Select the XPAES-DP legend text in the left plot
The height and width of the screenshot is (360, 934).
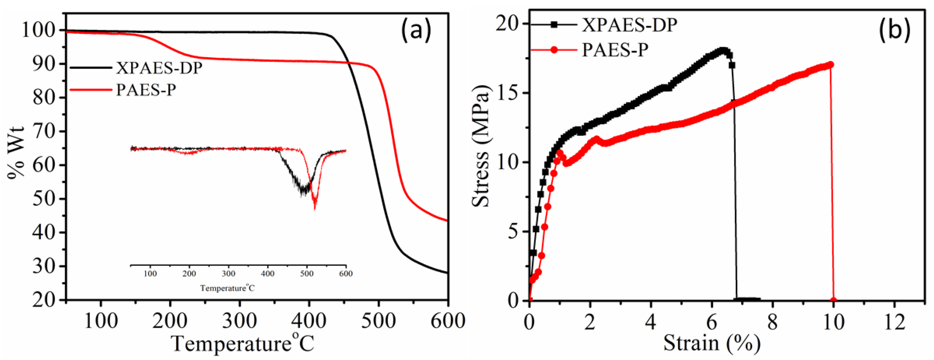pyautogui.click(x=159, y=68)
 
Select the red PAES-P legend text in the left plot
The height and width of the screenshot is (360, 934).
pyautogui.click(x=146, y=90)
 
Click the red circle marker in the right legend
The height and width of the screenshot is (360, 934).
pyautogui.click(x=554, y=50)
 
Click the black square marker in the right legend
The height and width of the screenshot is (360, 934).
pyautogui.click(x=554, y=25)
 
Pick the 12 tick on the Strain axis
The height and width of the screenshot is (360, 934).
pyautogui.click(x=894, y=321)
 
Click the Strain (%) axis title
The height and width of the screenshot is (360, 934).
pyautogui.click(x=711, y=343)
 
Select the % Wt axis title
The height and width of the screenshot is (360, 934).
pyautogui.click(x=16, y=152)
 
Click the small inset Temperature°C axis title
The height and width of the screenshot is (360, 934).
pyautogui.click(x=227, y=288)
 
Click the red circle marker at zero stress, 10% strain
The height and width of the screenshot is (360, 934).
pyautogui.click(x=833, y=300)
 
